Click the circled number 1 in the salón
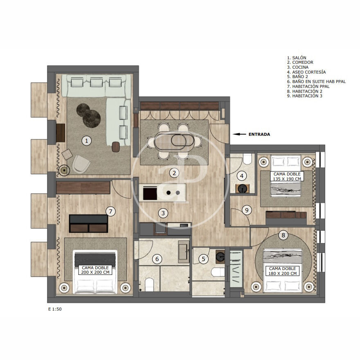(87, 140)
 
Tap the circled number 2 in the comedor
(174, 173)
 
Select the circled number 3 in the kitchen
(163, 213)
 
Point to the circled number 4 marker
(241, 176)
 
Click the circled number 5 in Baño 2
(203, 259)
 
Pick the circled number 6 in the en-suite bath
(157, 259)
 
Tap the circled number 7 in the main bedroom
(111, 211)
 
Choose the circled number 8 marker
(283, 235)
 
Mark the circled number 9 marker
(247, 210)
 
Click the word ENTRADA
(259, 135)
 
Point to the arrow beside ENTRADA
(239, 134)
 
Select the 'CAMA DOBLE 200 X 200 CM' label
(95, 270)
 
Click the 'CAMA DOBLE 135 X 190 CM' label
(287, 177)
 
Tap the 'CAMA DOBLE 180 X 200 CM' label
(282, 271)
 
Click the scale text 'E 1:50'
(55, 309)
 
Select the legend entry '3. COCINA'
(297, 67)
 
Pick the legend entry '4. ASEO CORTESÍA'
(306, 72)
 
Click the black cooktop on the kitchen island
(150, 193)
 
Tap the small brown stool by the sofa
(116, 147)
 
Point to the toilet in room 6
(149, 284)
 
